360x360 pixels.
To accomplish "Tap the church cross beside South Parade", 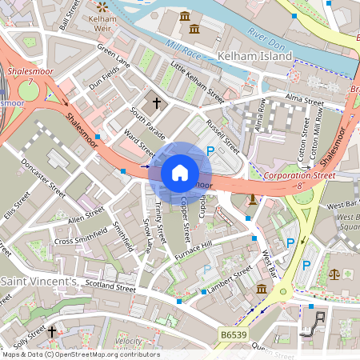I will pos(157,102).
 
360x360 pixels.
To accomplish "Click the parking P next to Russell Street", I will pos(210,150).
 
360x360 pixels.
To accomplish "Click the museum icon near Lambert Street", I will pos(261,288).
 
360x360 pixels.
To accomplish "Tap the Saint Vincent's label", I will pos(38,282).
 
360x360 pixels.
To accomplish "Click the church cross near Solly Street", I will pos(53,330).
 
